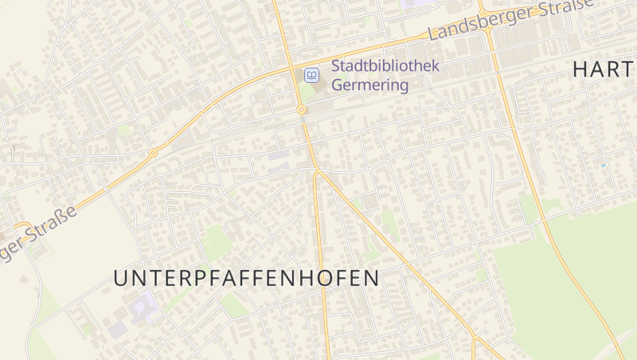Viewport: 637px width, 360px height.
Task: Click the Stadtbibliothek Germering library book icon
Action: (312, 76)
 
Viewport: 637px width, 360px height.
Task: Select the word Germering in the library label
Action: (369, 84)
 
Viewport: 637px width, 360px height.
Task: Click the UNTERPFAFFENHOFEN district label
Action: (245, 279)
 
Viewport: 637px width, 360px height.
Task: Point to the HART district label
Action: (603, 70)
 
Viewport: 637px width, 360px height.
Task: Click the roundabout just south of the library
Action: (302, 110)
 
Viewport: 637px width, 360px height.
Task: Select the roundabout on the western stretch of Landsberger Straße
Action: (152, 152)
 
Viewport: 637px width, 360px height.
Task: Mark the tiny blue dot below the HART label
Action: (603, 165)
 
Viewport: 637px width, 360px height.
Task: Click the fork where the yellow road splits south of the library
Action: (316, 171)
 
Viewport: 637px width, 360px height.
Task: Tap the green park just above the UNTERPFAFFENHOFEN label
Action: (215, 241)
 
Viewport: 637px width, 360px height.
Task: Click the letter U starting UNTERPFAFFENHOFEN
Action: (120, 279)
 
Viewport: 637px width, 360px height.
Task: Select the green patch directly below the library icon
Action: (306, 94)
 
